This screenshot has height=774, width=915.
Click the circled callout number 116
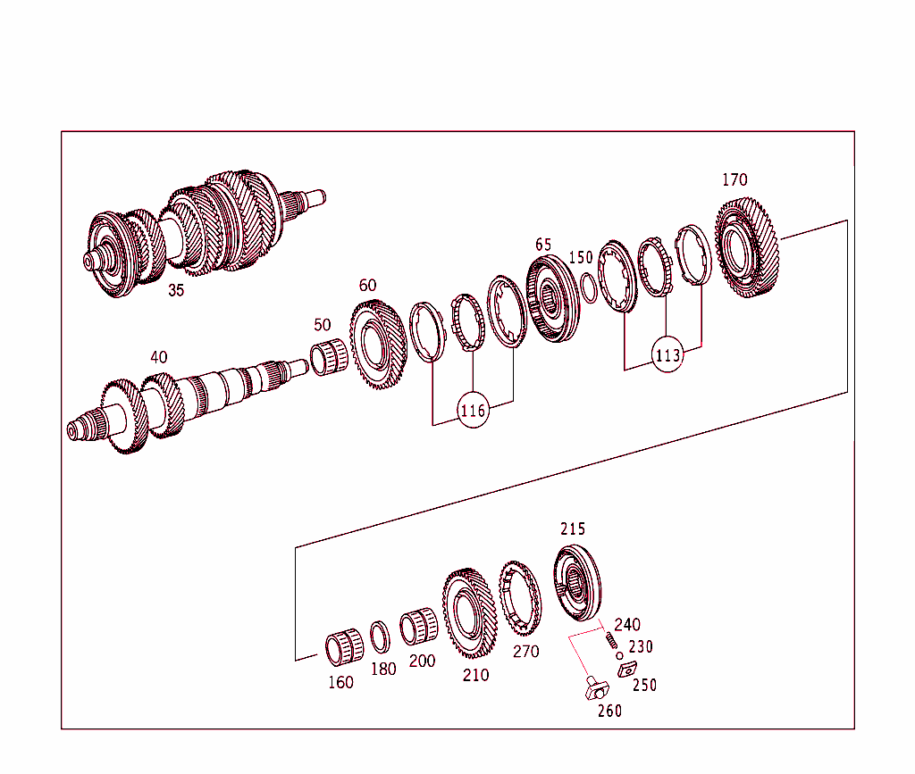coord(473,411)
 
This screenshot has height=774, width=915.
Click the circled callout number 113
coord(667,354)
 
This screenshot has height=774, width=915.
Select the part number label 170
coord(735,180)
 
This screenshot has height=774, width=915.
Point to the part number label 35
coord(176,290)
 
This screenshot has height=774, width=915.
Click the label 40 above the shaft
coord(158,357)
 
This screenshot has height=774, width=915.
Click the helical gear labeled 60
coord(377,345)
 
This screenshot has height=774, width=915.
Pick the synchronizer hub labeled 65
coord(553,298)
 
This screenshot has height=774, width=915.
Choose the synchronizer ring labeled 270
coord(519,599)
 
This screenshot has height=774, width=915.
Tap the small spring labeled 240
coord(610,640)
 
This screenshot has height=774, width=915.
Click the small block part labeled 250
coord(628,670)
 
